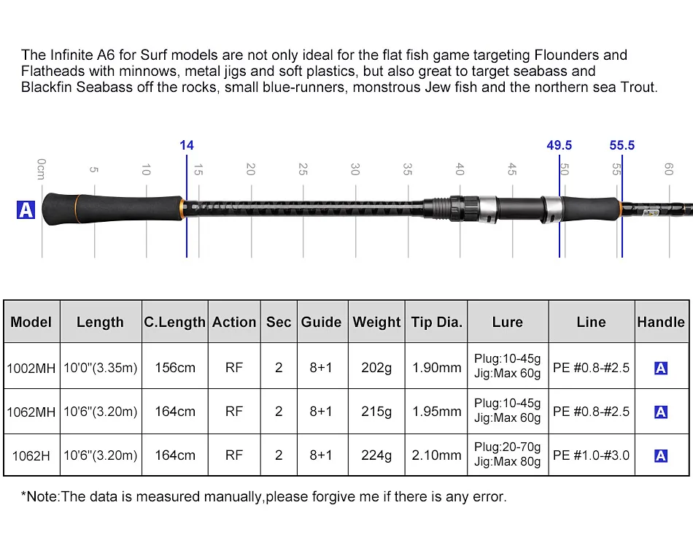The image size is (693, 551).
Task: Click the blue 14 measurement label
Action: pyautogui.click(x=187, y=145)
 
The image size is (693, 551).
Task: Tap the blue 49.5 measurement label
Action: pyautogui.click(x=559, y=145)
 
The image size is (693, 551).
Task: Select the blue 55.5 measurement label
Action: pyautogui.click(x=622, y=145)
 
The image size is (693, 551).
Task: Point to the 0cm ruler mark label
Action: pyautogui.click(x=42, y=169)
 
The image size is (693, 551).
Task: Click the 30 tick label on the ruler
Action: pyautogui.click(x=355, y=169)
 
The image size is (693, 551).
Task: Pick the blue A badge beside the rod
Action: pyautogui.click(x=26, y=210)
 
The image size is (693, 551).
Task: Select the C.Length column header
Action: pyautogui.click(x=174, y=322)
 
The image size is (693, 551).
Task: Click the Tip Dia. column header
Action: pyautogui.click(x=436, y=322)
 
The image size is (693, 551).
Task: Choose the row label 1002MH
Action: pyautogui.click(x=31, y=368)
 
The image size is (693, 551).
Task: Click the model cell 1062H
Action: pyautogui.click(x=31, y=455)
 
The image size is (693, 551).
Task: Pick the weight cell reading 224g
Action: pyautogui.click(x=376, y=455)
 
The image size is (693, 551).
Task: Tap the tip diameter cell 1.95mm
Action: pyautogui.click(x=436, y=412)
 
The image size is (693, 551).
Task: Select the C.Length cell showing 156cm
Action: pyautogui.click(x=175, y=368)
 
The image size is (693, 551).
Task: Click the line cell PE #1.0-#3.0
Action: pyautogui.click(x=591, y=455)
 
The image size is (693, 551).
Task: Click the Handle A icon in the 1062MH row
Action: pyautogui.click(x=661, y=412)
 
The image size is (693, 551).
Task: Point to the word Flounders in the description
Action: pyautogui.click(x=580, y=55)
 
